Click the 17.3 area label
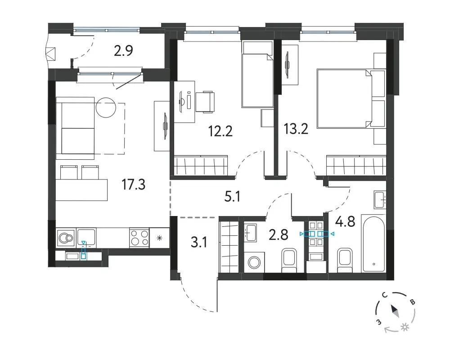[134, 184]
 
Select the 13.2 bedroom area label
[296, 129]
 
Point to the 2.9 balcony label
[123, 51]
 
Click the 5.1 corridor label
[232, 197]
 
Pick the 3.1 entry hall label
[198, 243]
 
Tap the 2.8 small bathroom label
[279, 234]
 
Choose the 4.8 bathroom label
[345, 222]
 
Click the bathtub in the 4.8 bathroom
[373, 243]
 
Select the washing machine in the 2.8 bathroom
[253, 262]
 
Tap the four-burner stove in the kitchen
[139, 238]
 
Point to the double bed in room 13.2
[350, 98]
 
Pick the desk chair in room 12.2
[206, 102]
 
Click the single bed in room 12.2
[257, 74]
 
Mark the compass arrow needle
[395, 311]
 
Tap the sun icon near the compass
[405, 327]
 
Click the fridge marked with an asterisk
[160, 238]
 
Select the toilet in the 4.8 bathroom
[345, 260]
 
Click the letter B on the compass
[412, 302]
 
